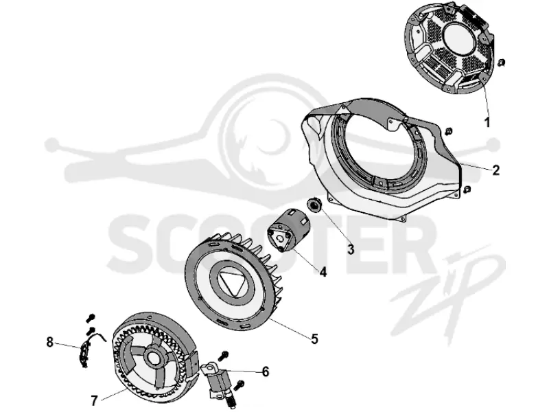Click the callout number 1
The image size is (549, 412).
(487, 123)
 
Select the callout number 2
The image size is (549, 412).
(495, 170)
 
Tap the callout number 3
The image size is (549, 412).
(351, 249)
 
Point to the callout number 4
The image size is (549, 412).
(323, 271)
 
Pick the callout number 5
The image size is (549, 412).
(314, 339)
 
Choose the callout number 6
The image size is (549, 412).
(266, 371)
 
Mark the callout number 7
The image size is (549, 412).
(94, 400)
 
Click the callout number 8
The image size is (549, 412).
(49, 342)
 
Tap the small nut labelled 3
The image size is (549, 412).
(314, 205)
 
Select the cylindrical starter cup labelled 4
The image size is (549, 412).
(289, 230)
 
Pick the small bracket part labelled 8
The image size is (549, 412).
(85, 354)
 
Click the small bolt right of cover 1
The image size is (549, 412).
(501, 62)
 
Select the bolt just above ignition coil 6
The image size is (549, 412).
(223, 356)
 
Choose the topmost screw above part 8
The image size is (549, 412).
(91, 318)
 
